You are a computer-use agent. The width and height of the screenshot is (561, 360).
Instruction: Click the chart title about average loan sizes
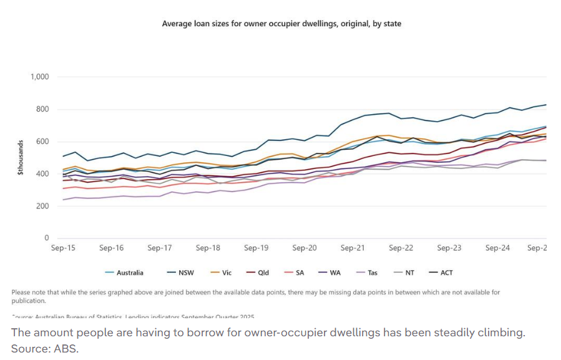pyautogui.click(x=281, y=24)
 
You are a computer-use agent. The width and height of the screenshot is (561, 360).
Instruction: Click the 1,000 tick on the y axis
pyautogui.click(x=39, y=77)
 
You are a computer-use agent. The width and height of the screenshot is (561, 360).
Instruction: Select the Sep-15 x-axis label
pyautogui.click(x=63, y=248)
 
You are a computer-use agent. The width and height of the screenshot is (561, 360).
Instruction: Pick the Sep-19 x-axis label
pyautogui.click(x=256, y=248)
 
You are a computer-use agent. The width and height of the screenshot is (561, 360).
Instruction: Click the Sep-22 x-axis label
pyautogui.click(x=401, y=248)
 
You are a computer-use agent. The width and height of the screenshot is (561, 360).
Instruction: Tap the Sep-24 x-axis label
pyautogui.click(x=497, y=248)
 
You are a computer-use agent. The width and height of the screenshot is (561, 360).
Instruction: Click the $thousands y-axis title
pyautogui.click(x=21, y=157)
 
